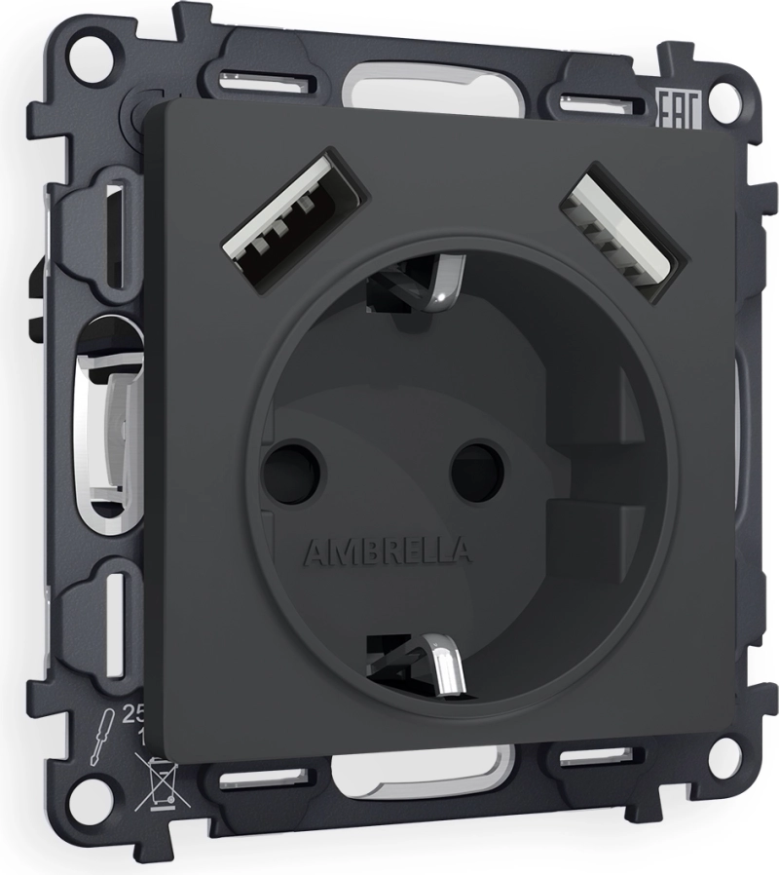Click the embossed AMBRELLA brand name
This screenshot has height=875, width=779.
click(x=389, y=553)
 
